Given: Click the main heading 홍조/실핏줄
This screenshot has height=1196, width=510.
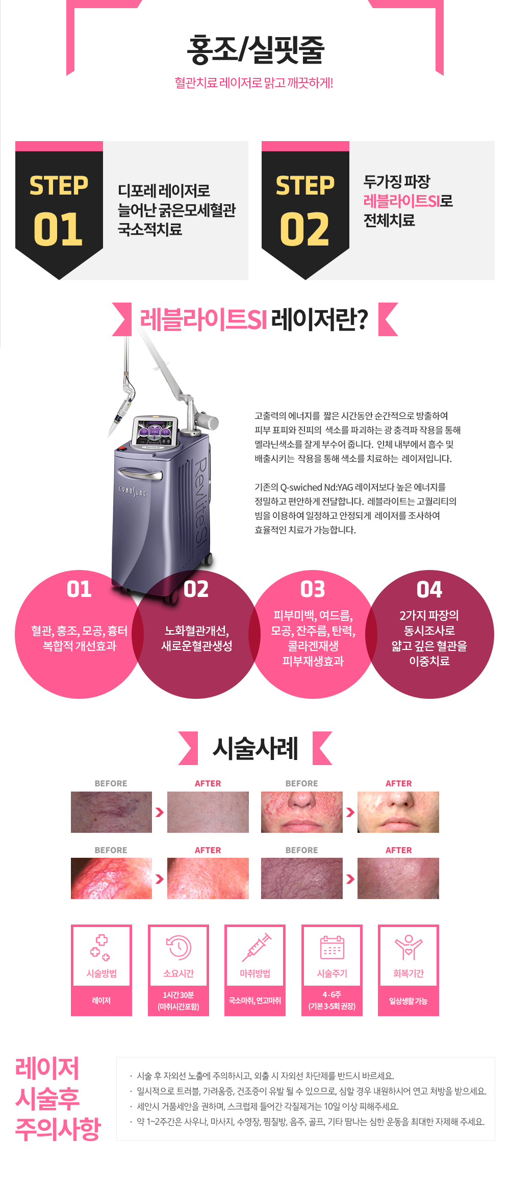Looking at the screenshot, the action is point(256,49).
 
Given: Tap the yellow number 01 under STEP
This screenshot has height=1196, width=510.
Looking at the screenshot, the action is point(58,229).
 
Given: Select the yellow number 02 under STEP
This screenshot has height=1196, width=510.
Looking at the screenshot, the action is point(304,229).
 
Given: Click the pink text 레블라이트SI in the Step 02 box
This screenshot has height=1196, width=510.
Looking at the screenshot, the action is point(401,201).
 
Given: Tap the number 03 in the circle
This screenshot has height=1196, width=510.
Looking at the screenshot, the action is point(313,589).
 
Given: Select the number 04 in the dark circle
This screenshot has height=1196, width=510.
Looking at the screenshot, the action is point(429,589).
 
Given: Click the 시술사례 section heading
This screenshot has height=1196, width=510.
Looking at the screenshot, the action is point(255,748).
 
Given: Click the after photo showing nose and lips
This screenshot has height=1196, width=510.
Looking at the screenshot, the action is point(398,812).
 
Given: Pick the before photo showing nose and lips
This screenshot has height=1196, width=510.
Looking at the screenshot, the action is point(302,812).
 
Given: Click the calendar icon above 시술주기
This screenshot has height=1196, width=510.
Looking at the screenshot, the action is point(332,947).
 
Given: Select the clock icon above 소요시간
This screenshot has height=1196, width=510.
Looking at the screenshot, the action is point(178,947).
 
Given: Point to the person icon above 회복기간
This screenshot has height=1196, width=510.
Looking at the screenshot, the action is point(409,947).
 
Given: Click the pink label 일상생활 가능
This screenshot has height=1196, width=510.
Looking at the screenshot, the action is point(409,1001).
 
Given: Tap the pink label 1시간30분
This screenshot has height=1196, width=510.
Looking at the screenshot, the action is point(178,995).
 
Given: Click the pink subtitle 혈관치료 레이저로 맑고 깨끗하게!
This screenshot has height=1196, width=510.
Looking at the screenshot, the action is point(254,83).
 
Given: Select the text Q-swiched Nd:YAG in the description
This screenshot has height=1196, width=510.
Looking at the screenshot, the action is point(317,487).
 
